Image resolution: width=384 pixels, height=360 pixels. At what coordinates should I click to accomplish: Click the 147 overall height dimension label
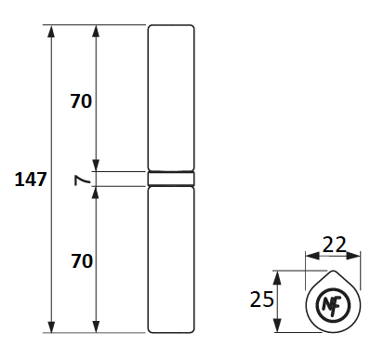[x=31, y=180]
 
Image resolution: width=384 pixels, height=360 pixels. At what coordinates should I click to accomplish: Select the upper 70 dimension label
[x=81, y=101]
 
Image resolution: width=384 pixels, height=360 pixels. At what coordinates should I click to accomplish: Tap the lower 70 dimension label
[x=82, y=261]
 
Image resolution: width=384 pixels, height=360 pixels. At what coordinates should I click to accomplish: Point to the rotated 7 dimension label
[x=82, y=180]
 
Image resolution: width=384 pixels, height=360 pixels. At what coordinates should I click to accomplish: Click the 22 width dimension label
[x=334, y=245]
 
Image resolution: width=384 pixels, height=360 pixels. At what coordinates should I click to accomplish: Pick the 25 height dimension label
[x=262, y=300]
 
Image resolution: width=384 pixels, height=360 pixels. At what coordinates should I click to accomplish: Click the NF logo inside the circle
[x=332, y=305]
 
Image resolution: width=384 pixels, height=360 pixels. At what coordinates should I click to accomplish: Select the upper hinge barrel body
[x=171, y=98]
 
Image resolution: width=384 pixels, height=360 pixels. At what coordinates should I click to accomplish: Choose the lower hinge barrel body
[x=171, y=260]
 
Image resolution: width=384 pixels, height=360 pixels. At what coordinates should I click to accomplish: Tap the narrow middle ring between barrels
[x=171, y=179]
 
